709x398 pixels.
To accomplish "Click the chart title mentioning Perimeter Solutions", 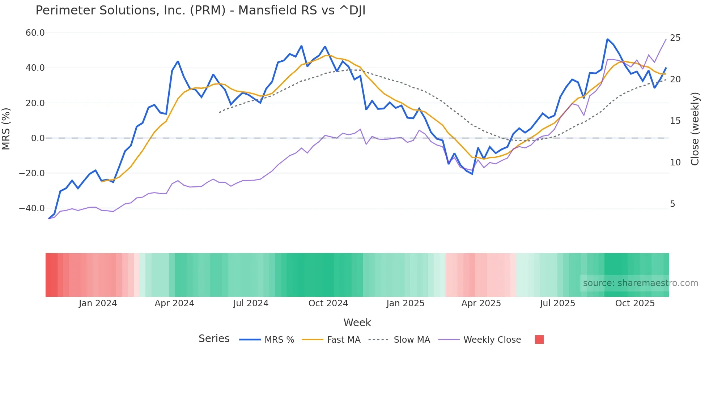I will pos(200,10).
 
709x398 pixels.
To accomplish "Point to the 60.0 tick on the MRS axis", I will pos(35,33).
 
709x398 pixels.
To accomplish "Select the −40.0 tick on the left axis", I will pos(32,208).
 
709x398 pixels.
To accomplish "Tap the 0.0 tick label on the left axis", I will pos(38,138).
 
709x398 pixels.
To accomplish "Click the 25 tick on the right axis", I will pos(675,38).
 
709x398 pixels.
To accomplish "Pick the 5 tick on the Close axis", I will pos(672,204).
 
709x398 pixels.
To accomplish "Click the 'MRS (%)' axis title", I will pos(6,129).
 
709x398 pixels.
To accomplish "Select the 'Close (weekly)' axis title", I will pos(695,129).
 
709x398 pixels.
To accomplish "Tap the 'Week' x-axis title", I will pos(357,323).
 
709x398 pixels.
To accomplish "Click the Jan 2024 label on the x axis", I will pos(98,303).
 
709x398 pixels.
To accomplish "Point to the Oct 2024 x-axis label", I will pos(328,303).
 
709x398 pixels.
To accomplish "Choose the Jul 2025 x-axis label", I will pos(557,303).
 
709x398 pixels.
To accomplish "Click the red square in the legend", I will pos(539,339).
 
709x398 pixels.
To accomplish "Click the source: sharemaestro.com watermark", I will pos(640,283).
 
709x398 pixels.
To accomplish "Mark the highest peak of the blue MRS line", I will pos(608,39).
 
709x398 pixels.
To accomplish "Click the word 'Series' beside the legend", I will pos(214,339).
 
